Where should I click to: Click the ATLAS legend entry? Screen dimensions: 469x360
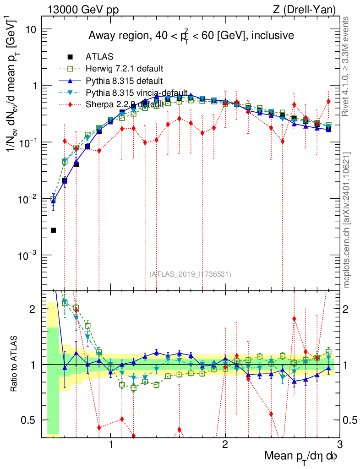coord(97,57)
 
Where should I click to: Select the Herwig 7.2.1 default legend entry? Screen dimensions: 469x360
coord(125,69)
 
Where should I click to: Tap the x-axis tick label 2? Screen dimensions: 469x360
coord(225,444)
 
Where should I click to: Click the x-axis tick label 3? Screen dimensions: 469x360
coord(339,444)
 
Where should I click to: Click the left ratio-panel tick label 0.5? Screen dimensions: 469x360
coord(30,420)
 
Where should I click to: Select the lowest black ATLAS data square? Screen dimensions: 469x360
coord(53,230)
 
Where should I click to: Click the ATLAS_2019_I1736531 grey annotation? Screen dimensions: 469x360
coord(190,274)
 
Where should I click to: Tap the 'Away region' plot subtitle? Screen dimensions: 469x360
coord(191,35)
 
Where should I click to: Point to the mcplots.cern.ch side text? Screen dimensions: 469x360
coord(347,220)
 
